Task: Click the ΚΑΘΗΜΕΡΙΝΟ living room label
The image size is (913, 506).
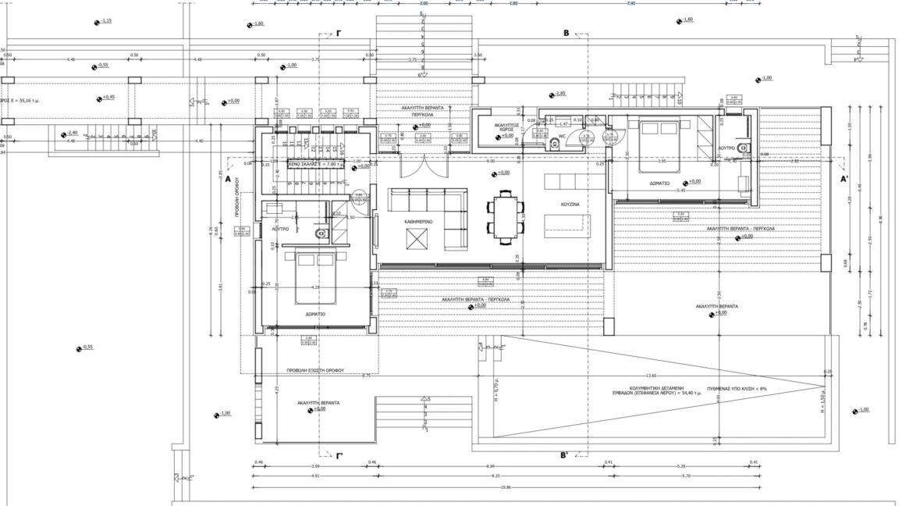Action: [418, 222]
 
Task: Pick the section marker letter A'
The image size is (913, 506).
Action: [844, 179]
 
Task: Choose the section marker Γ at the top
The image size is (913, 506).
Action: [339, 34]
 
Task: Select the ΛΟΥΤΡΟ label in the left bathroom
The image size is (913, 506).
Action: [280, 230]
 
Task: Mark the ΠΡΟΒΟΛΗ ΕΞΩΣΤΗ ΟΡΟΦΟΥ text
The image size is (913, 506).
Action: [316, 371]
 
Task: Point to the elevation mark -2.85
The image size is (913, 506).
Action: [559, 94]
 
